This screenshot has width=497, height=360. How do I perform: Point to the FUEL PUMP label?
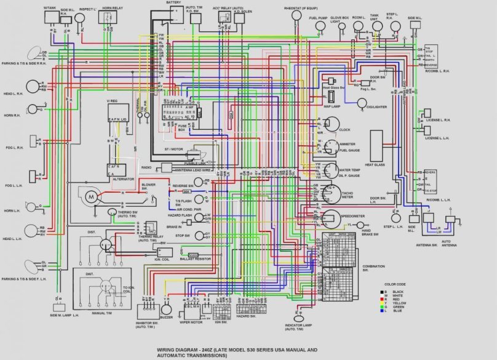317,17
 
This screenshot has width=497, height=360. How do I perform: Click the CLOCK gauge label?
344,130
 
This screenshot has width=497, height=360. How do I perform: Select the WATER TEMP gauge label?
349,170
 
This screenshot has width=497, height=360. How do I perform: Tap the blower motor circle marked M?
90,196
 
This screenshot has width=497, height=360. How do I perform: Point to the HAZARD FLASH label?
179,216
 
